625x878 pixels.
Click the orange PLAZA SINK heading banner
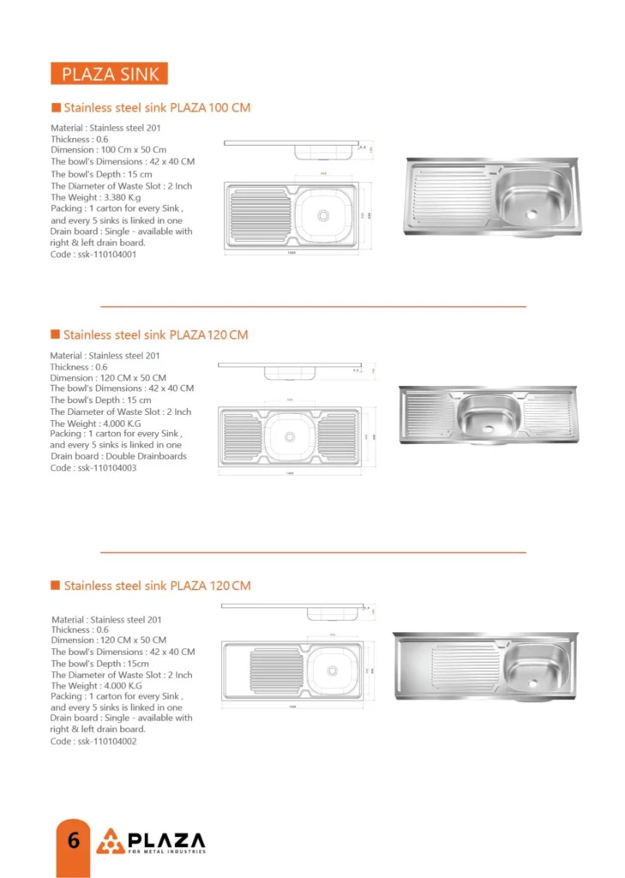110,74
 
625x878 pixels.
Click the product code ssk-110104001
93,254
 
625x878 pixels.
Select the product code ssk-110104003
93,468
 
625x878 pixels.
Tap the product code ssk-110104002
93,741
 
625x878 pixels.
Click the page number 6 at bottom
73,840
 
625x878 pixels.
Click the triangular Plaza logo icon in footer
111,841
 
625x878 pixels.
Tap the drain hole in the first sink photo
532,213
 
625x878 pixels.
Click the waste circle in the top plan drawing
323,215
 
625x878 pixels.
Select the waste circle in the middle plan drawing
290,436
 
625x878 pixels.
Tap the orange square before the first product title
56,108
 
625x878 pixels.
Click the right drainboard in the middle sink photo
546,413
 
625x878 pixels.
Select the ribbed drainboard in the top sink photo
449,195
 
